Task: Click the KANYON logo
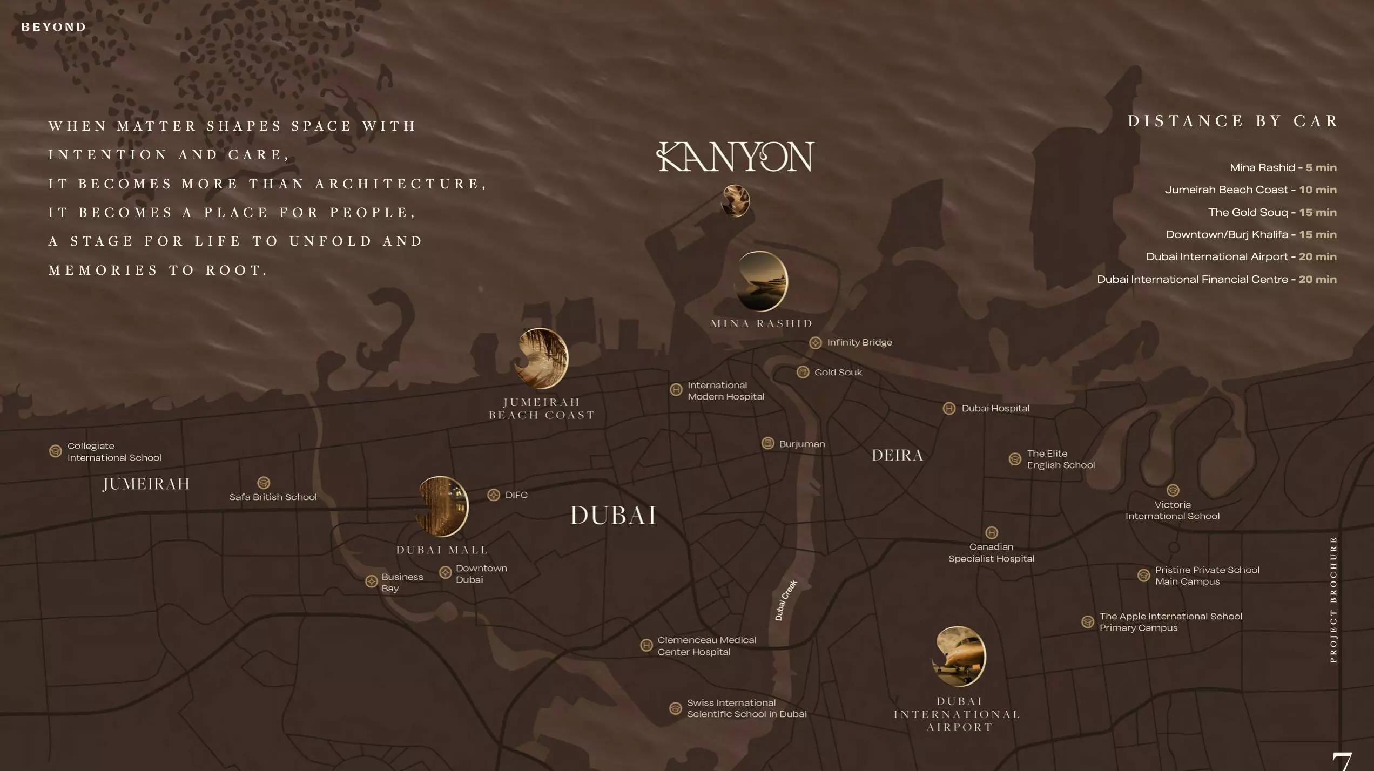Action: pyautogui.click(x=735, y=157)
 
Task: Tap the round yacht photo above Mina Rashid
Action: pyautogui.click(x=762, y=281)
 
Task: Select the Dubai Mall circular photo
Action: pyautogui.click(x=442, y=506)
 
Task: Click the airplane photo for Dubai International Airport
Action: pyautogui.click(x=959, y=656)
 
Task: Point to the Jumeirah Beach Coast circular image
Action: pyautogui.click(x=541, y=359)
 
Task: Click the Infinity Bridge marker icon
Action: pyautogui.click(x=816, y=343)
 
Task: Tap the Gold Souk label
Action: pyautogui.click(x=838, y=372)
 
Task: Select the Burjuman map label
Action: pyautogui.click(x=801, y=444)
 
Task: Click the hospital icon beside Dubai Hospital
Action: pyautogui.click(x=949, y=409)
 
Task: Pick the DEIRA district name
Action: pyautogui.click(x=898, y=456)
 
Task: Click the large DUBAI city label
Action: pyautogui.click(x=614, y=515)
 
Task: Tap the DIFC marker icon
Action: pyautogui.click(x=494, y=495)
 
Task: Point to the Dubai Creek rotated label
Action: pyautogui.click(x=786, y=600)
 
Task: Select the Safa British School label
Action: pyautogui.click(x=273, y=497)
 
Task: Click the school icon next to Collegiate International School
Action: pyautogui.click(x=56, y=451)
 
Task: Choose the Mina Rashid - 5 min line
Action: pyautogui.click(x=1283, y=168)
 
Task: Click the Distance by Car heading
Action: pyautogui.click(x=1232, y=121)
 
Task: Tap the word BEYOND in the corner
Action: pyautogui.click(x=53, y=27)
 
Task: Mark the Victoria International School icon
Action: pyautogui.click(x=1173, y=490)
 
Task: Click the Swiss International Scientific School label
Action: pyautogui.click(x=746, y=708)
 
